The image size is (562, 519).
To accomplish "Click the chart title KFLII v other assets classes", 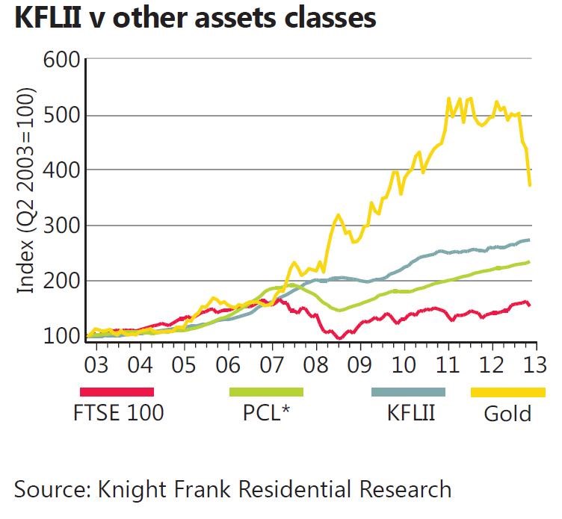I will tap(194, 18).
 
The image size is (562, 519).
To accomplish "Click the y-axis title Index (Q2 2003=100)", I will tap(26, 191).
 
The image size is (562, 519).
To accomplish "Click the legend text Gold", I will tap(507, 414).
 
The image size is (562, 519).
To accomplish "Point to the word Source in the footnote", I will tap(49, 490).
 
